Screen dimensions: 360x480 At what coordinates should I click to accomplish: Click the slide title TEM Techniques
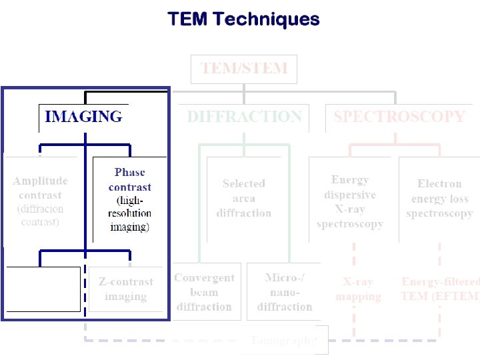[243, 19]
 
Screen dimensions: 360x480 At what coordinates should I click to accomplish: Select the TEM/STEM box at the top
[244, 69]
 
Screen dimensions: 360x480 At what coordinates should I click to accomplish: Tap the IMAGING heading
[83, 117]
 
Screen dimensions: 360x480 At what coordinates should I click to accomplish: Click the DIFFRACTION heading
[244, 117]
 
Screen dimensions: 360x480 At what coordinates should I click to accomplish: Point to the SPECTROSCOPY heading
[399, 117]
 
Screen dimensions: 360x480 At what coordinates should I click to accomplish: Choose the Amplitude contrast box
[40, 200]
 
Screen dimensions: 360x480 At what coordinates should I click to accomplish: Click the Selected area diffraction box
[244, 198]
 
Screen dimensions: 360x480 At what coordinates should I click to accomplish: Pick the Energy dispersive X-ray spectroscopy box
[350, 201]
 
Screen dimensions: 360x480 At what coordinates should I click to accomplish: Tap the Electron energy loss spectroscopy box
[439, 198]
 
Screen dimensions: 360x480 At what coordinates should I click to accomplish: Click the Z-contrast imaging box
[125, 289]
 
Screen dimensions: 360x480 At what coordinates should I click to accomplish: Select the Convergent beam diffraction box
[204, 292]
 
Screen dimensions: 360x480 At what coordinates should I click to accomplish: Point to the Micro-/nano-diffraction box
[285, 292]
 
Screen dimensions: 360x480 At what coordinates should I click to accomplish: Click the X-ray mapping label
[358, 289]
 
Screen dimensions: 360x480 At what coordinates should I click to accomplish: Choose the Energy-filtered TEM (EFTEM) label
[439, 289]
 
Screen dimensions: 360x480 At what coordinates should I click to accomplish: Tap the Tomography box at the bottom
[283, 340]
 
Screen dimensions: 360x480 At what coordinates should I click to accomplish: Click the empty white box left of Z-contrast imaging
[44, 289]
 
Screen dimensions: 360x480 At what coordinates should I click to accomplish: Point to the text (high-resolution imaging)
[129, 213]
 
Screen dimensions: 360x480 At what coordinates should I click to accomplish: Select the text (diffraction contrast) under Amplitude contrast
[40, 215]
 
